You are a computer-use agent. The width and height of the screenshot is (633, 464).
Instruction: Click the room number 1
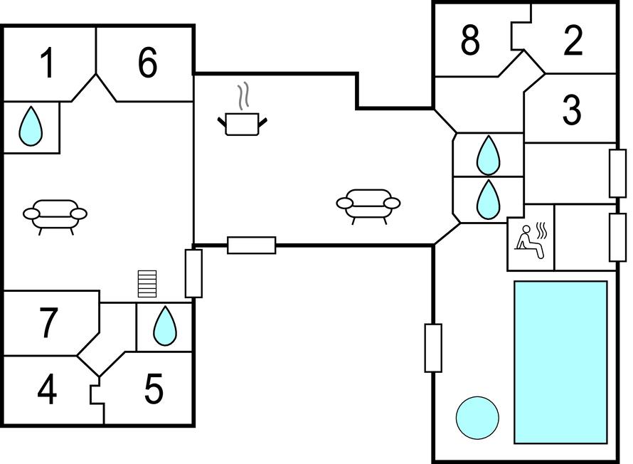(x=47, y=64)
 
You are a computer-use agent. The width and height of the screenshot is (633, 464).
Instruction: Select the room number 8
(x=469, y=41)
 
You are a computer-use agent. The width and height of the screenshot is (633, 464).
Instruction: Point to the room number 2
(x=573, y=41)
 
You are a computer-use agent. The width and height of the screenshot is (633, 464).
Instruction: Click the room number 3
(x=571, y=110)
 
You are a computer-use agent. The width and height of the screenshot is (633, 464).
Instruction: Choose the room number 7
(x=48, y=322)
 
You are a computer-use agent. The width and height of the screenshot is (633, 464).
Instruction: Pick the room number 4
(x=47, y=391)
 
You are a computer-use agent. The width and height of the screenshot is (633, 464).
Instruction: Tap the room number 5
(x=154, y=389)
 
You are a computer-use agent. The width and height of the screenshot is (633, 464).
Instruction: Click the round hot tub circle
(x=477, y=418)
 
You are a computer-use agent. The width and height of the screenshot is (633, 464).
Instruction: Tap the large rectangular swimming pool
(x=560, y=362)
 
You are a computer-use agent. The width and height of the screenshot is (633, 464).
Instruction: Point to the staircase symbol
(x=147, y=283)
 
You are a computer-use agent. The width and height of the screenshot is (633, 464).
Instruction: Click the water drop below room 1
(x=31, y=126)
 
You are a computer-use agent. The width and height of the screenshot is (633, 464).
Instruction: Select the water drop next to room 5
(x=165, y=326)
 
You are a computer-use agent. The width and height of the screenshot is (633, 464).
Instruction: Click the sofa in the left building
(x=55, y=214)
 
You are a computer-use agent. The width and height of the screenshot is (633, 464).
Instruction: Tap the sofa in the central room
(x=368, y=205)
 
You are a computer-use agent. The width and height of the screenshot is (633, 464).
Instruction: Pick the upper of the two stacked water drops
(x=488, y=155)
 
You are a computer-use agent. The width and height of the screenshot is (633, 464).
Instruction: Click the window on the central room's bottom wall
(x=251, y=246)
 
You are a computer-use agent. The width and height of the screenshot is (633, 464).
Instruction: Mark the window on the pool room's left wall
(x=433, y=347)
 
